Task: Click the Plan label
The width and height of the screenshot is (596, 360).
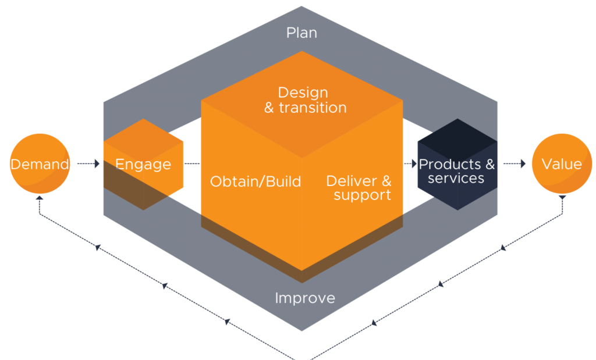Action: (x=301, y=33)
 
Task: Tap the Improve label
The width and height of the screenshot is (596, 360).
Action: (x=305, y=298)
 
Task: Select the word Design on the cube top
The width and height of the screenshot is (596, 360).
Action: (x=303, y=92)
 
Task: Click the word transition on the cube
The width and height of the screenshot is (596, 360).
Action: (x=313, y=108)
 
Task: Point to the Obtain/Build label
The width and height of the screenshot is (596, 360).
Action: (x=256, y=181)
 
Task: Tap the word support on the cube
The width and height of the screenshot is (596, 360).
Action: (x=362, y=195)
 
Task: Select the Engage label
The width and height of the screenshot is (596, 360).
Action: (x=143, y=165)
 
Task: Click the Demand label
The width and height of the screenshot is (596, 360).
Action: (x=40, y=165)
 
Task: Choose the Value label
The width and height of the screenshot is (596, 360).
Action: (x=561, y=164)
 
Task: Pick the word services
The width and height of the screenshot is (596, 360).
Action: (x=456, y=179)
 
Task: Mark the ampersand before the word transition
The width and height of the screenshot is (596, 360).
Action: (x=269, y=108)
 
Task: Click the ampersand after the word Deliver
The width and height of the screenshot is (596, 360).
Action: (x=386, y=181)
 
